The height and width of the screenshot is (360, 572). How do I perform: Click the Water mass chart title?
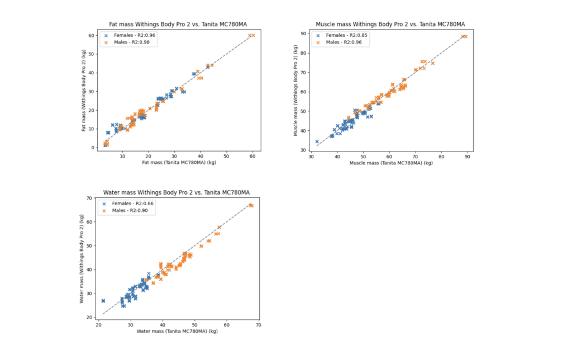[x=177, y=192]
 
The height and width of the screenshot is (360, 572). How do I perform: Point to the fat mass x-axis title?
[x=178, y=163]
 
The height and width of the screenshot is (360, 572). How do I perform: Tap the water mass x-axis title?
[x=177, y=331]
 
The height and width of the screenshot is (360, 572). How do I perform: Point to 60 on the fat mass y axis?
[x=89, y=35]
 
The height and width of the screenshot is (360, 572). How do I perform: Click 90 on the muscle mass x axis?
[x=467, y=157]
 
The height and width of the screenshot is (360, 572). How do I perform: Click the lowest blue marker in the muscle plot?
[x=317, y=142]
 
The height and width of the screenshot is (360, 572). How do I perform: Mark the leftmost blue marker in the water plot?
[x=103, y=301]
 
